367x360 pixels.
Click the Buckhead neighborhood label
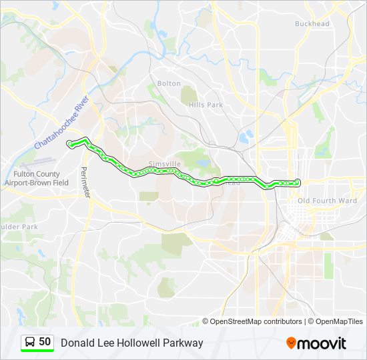tap(312, 24)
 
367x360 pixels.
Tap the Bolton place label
tap(169, 83)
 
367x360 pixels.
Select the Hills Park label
tap(206, 105)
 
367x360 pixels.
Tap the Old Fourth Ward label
tap(328, 201)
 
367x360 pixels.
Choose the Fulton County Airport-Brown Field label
tap(37, 178)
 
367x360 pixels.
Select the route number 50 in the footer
tap(45, 342)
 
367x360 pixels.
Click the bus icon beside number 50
tap(30, 343)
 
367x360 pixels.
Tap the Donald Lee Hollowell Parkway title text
tap(132, 343)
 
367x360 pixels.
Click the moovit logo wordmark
tap(322, 343)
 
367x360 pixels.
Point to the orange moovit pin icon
tap(291, 343)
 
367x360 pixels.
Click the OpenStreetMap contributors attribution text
tap(256, 321)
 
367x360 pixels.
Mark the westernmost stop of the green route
tap(69, 143)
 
